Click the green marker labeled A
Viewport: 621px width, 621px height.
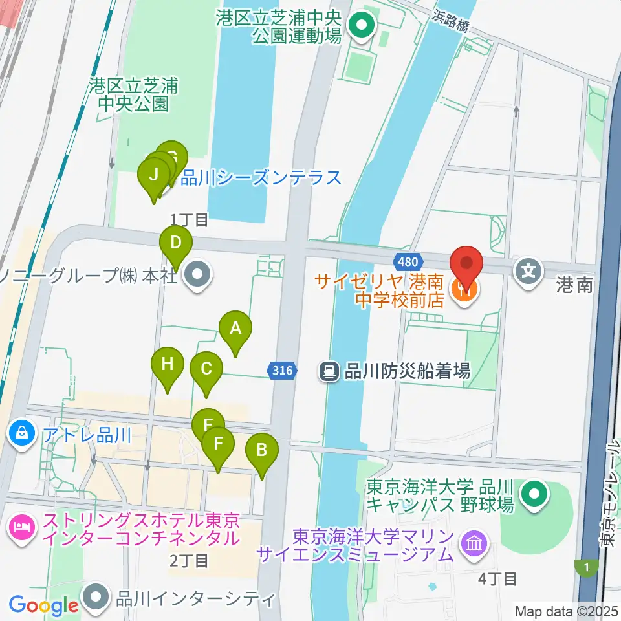click(235, 329)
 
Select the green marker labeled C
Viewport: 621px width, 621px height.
click(206, 369)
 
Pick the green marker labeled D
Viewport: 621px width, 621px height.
click(176, 244)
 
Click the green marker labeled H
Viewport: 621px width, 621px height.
click(168, 364)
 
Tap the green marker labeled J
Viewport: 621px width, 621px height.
click(154, 175)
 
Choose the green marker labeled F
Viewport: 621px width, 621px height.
click(219, 444)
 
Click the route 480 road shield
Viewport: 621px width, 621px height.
click(408, 261)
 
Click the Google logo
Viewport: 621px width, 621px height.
click(43, 605)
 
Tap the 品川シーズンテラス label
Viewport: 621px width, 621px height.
click(261, 177)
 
